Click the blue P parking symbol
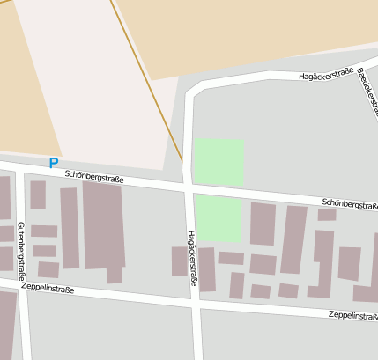(x=54, y=163)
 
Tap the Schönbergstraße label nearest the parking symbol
(x=94, y=177)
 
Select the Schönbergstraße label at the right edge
(x=349, y=204)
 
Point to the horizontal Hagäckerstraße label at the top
(x=325, y=75)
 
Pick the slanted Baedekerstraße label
(x=367, y=93)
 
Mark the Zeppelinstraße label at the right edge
(x=352, y=315)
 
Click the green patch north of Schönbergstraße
(x=219, y=161)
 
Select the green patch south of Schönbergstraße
(x=218, y=217)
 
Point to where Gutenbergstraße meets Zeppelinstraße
(x=24, y=284)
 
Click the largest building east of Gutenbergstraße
(x=103, y=224)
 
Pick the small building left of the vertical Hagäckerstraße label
(x=179, y=261)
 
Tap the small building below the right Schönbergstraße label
(x=327, y=214)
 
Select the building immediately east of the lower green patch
(x=263, y=224)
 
